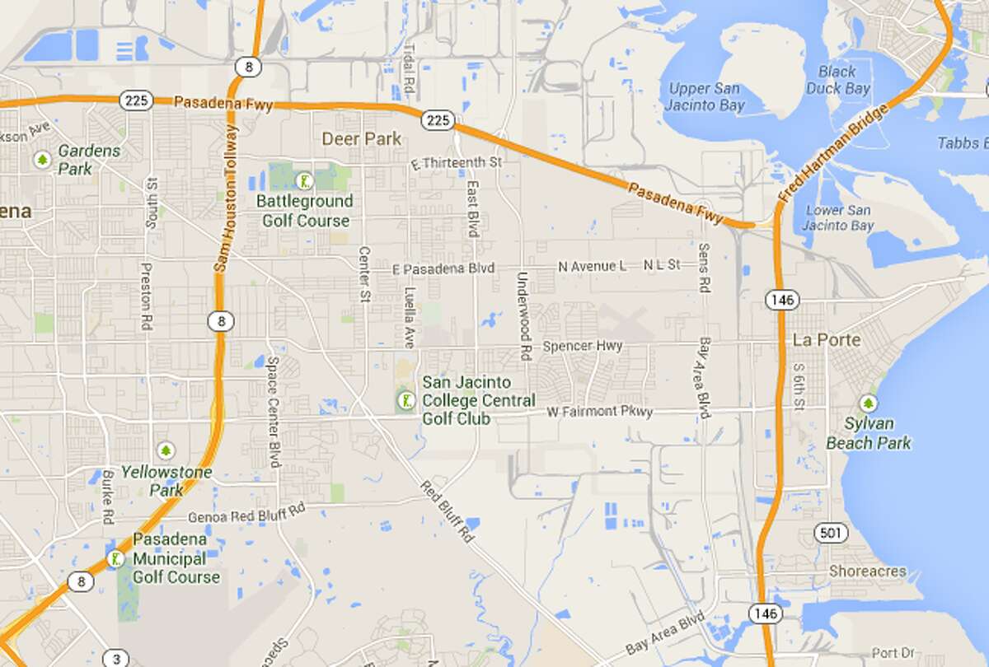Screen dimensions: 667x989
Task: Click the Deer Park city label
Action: pos(362,138)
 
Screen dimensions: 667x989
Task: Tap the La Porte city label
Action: pos(826,339)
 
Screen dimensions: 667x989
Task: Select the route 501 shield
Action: pos(830,534)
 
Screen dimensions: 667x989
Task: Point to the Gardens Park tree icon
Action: pos(40,159)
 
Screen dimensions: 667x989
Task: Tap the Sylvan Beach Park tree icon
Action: pos(867,403)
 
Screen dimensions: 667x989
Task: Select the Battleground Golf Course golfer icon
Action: pos(306,180)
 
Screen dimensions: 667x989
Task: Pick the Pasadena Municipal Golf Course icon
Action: pos(115,559)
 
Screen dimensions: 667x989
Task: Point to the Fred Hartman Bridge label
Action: pos(834,154)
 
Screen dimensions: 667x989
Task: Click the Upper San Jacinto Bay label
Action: pos(705,96)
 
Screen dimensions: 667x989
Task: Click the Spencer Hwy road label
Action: pos(583,346)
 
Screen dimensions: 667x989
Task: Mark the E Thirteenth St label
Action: pos(457,163)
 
